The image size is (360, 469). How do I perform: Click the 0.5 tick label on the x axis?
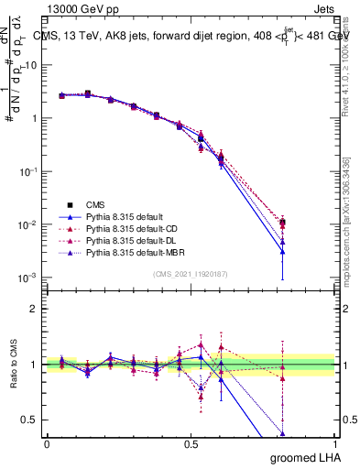point(191,443)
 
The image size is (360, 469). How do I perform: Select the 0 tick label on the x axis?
point(47,443)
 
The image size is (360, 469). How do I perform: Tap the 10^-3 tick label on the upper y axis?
point(29,278)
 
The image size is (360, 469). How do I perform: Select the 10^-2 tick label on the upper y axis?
point(29,225)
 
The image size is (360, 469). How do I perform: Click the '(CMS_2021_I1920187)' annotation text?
point(191,274)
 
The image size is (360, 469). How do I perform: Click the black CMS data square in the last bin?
point(283,223)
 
